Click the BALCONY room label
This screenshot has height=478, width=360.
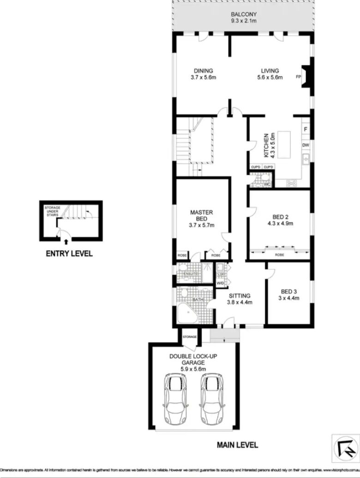click(244, 14)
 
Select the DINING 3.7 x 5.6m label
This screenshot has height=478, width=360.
click(203, 74)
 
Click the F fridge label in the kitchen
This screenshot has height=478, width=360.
click(306, 129)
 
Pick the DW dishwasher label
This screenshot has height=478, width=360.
click(305, 145)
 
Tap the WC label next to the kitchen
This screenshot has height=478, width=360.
click(266, 185)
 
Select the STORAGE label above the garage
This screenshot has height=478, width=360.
click(189, 337)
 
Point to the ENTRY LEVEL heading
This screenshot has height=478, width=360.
click(69, 254)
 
